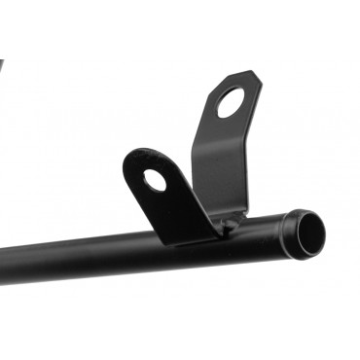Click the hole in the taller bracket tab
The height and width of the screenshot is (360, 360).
(x=233, y=102)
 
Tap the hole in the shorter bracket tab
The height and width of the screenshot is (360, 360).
(x=155, y=180)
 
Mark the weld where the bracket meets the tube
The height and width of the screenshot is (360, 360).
(x=226, y=228)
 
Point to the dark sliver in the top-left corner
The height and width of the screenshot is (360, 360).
(x=2, y=68)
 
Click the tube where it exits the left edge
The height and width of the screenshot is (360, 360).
(x=5, y=265)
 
